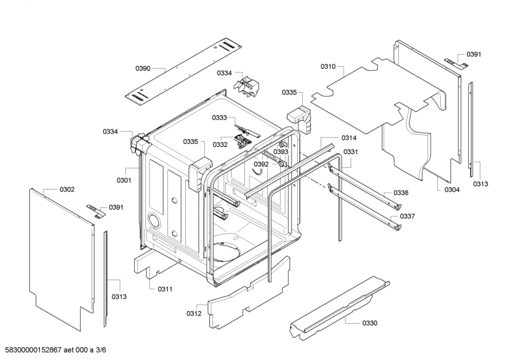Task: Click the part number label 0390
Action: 143,68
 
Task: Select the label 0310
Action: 328,67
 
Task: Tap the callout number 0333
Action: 220,118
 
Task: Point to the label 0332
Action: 220,144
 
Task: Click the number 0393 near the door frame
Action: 281,151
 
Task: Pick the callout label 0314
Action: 349,138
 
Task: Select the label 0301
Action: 124,180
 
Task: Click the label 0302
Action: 67,190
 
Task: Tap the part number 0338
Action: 401,193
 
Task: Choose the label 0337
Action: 407,216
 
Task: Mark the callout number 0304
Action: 452,190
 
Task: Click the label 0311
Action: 165,289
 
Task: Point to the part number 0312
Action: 194,314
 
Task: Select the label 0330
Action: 370,323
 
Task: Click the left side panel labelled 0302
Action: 62,260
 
